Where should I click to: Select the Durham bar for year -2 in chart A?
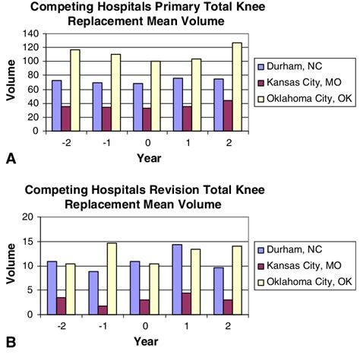(x=56, y=105)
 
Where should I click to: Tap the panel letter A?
(x=11, y=159)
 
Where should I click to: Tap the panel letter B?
(x=11, y=343)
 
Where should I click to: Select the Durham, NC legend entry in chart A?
(x=297, y=65)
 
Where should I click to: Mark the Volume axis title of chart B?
(x=11, y=264)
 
